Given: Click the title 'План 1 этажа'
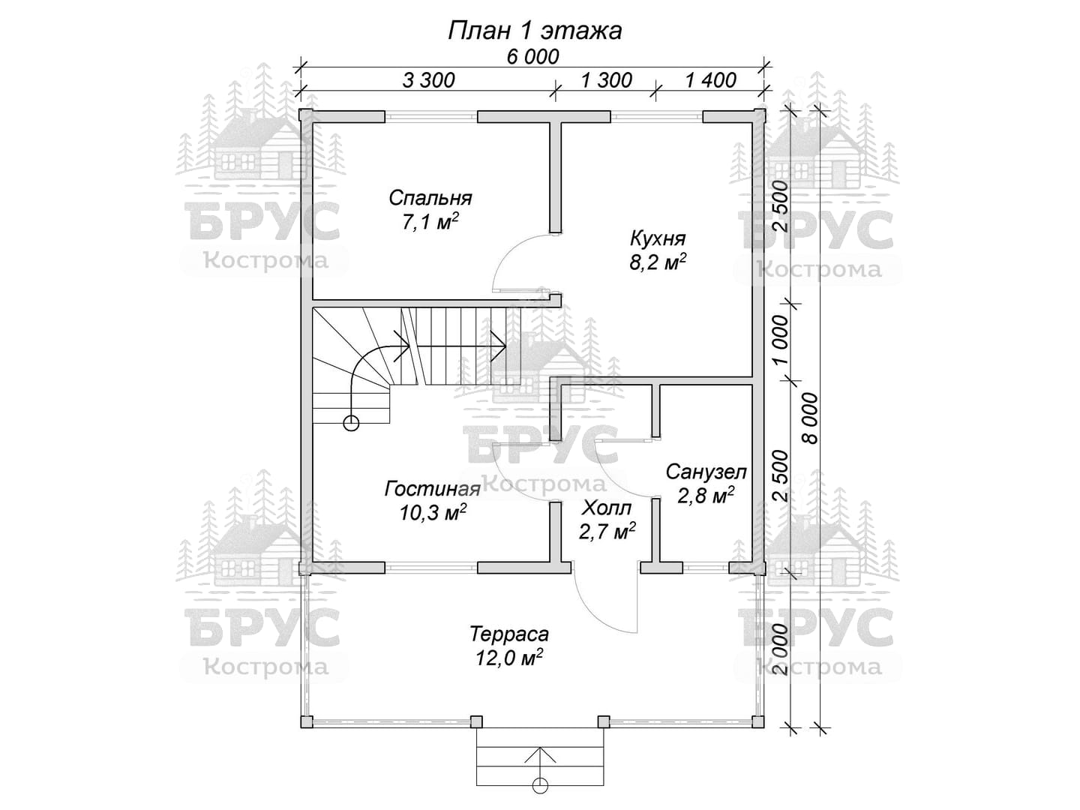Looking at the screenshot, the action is [535, 31].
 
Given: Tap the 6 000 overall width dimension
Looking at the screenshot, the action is [532, 57].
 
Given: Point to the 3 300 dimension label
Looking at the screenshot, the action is [428, 80].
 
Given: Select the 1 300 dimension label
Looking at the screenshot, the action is [606, 80].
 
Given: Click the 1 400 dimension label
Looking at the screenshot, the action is [710, 80].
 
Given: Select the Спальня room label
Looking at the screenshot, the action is [430, 198].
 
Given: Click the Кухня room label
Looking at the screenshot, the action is [658, 239].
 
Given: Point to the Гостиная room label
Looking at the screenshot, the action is [433, 489].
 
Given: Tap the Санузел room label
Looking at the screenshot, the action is [706, 472].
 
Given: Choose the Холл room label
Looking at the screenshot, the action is [607, 508].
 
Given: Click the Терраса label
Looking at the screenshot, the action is [509, 634].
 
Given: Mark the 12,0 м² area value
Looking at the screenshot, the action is [509, 658].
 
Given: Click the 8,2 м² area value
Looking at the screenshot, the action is [658, 262].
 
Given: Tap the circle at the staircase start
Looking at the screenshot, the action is [351, 423].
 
